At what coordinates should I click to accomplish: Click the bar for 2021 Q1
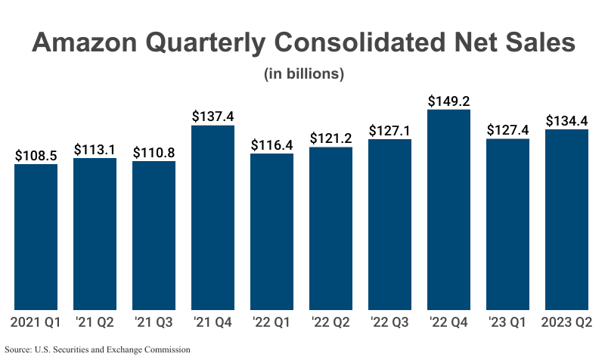pyautogui.click(x=36, y=237)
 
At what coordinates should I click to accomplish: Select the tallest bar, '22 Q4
pyautogui.click(x=449, y=209)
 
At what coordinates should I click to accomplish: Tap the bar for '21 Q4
pyautogui.click(x=213, y=218)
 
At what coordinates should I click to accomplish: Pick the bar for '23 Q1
pyautogui.click(x=508, y=225)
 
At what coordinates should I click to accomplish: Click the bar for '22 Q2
pyautogui.click(x=331, y=228)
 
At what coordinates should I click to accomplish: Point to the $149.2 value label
pyautogui.click(x=449, y=101)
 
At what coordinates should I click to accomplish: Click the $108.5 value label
pyautogui.click(x=36, y=155)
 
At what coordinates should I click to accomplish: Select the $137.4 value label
pyautogui.click(x=213, y=116)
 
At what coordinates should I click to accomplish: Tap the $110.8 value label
pyautogui.click(x=154, y=152)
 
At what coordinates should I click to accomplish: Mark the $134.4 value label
pyautogui.click(x=567, y=120)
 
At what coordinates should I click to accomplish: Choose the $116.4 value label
pyautogui.click(x=272, y=144)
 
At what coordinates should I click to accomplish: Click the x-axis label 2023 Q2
pyautogui.click(x=567, y=324)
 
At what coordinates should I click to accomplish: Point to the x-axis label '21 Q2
pyautogui.click(x=95, y=324)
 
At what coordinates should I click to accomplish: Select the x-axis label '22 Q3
pyautogui.click(x=390, y=324)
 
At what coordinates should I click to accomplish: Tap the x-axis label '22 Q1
pyautogui.click(x=272, y=324)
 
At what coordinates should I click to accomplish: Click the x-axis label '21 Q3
pyautogui.click(x=154, y=324)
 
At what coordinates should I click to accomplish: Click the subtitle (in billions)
pyautogui.click(x=304, y=74)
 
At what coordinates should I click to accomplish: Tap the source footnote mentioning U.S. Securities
pyautogui.click(x=98, y=349)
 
